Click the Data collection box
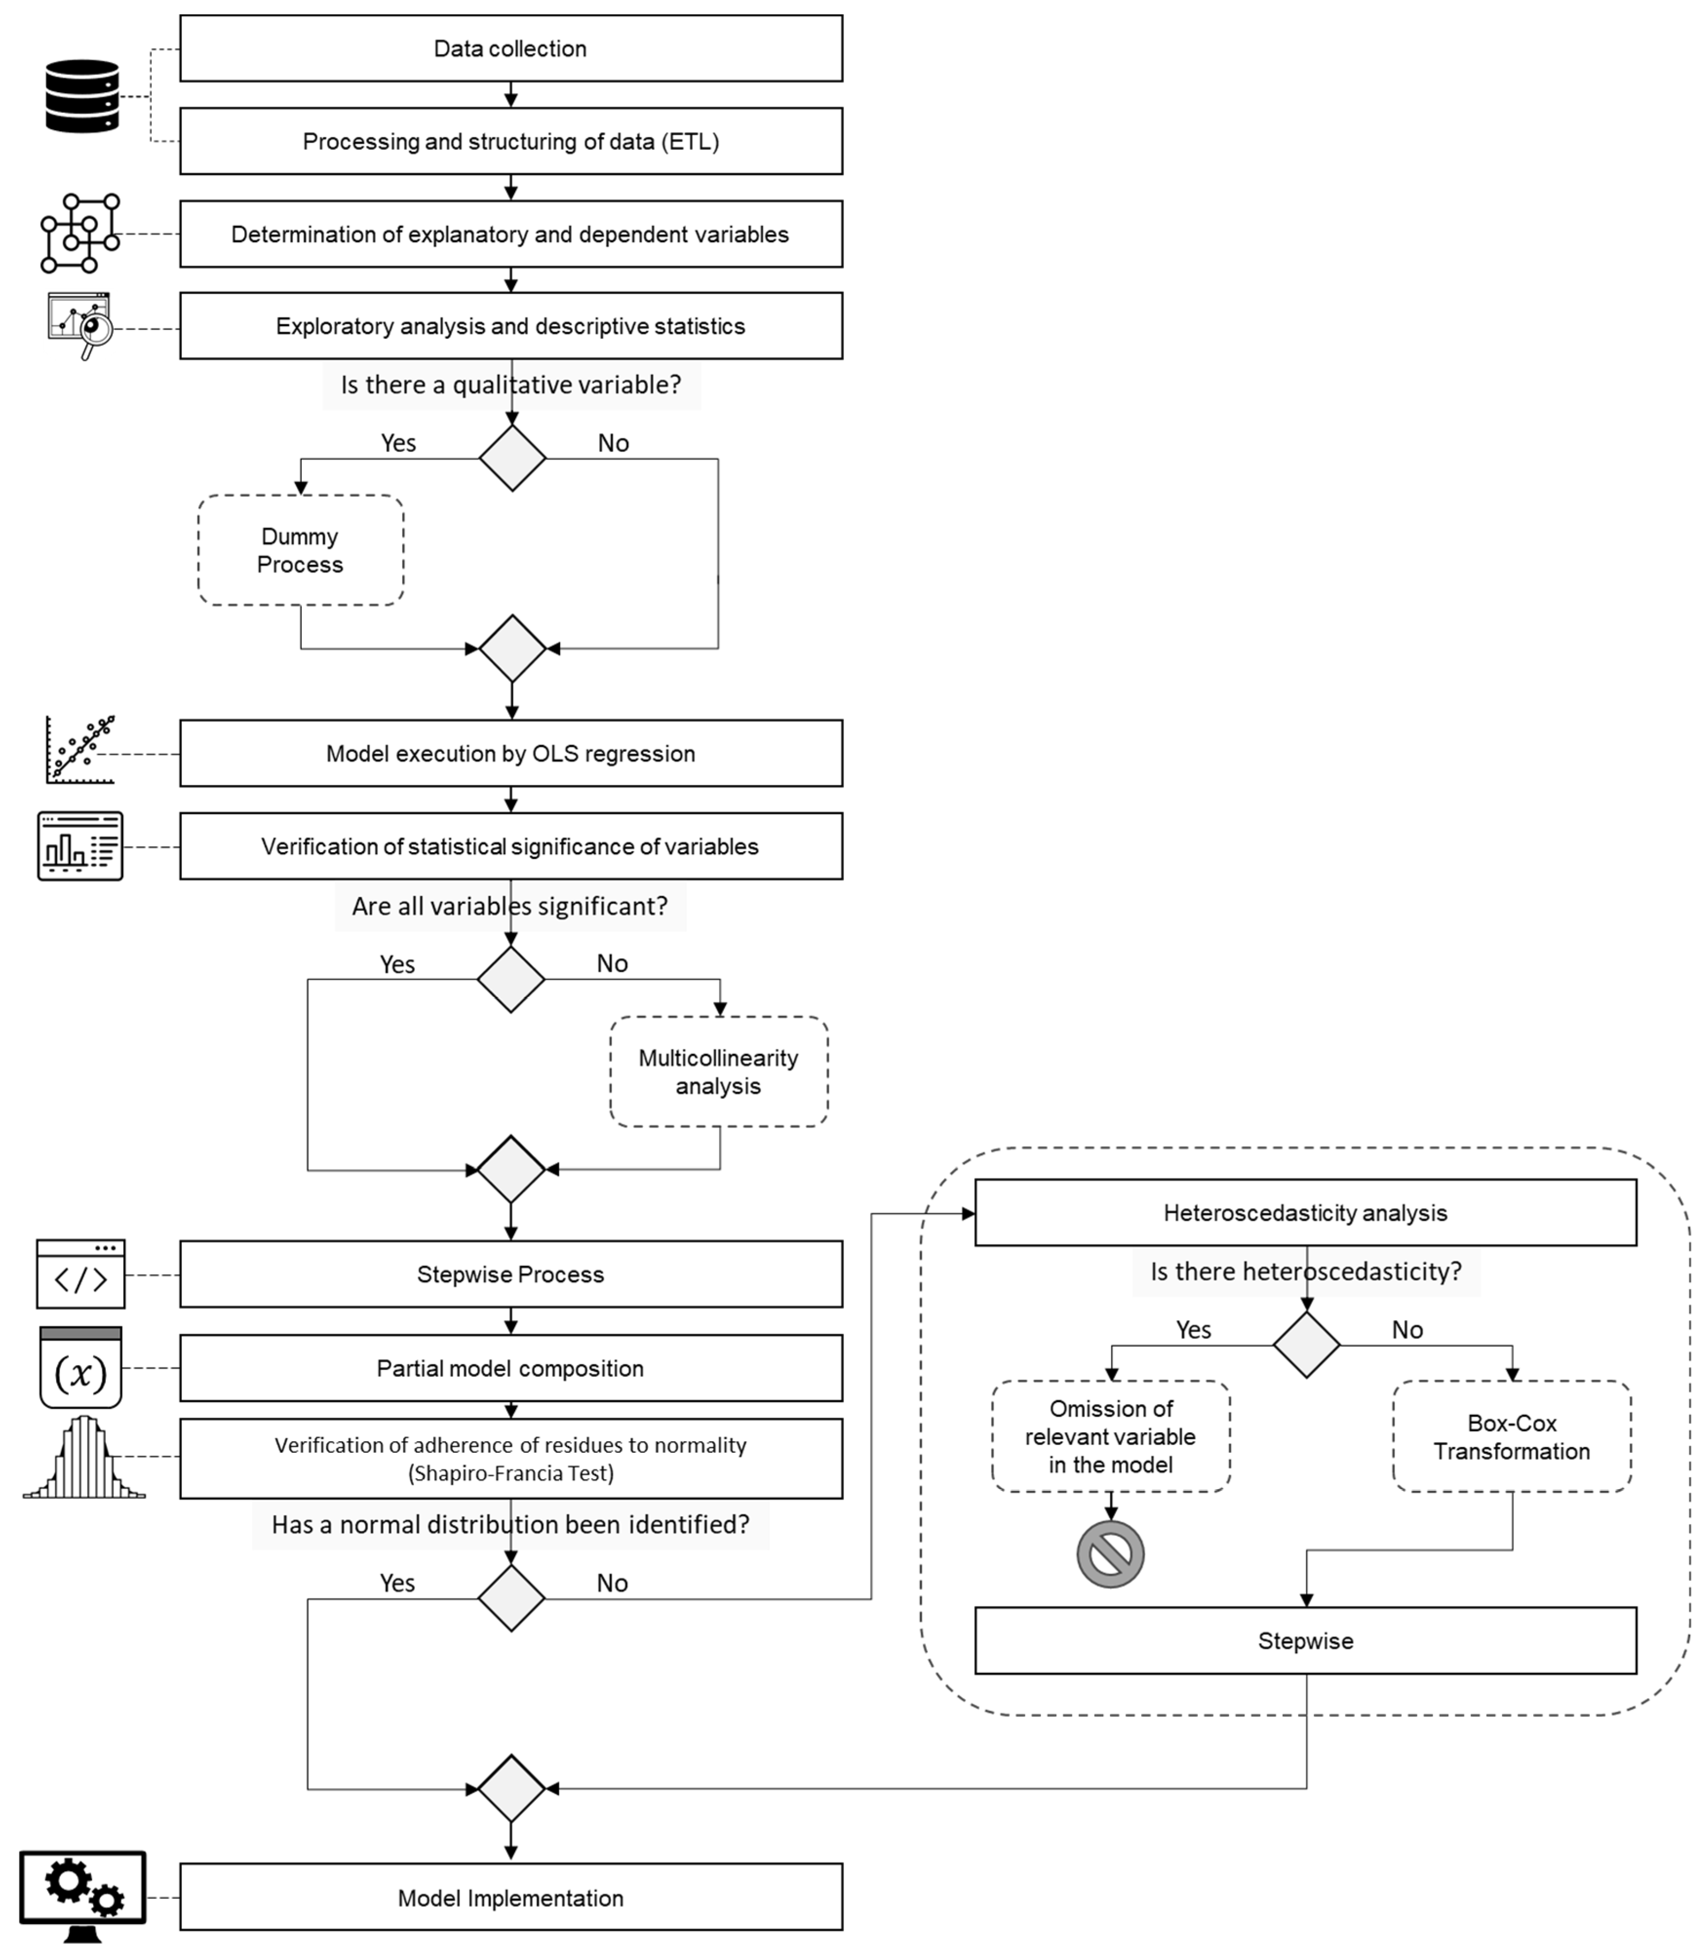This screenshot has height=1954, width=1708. pyautogui.click(x=511, y=49)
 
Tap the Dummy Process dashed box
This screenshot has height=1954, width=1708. pyautogui.click(x=300, y=550)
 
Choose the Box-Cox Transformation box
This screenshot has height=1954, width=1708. pyautogui.click(x=1512, y=1436)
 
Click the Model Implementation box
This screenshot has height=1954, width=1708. pyautogui.click(x=511, y=1898)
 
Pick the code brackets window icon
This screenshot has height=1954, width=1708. pyautogui.click(x=81, y=1274)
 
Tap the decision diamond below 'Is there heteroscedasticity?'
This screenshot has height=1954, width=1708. pyautogui.click(x=1306, y=1345)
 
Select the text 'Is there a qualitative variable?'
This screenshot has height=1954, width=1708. pyautogui.click(x=511, y=385)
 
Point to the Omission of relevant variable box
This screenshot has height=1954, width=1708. pyautogui.click(x=1110, y=1436)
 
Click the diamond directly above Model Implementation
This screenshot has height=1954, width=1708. pyautogui.click(x=511, y=1788)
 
